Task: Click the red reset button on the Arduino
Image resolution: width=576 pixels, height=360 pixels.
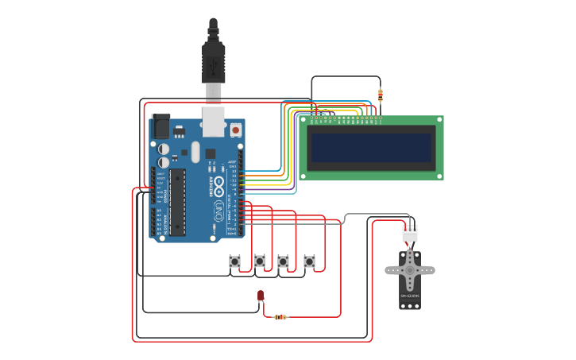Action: (x=235, y=129)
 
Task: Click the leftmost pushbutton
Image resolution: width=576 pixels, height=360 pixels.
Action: (x=234, y=261)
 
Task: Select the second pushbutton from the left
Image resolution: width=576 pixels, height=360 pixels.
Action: (x=259, y=261)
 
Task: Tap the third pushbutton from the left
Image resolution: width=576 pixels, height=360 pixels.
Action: (x=283, y=261)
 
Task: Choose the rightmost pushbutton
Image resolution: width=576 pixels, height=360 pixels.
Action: (x=309, y=261)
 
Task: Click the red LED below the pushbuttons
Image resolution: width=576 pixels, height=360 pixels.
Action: (x=261, y=296)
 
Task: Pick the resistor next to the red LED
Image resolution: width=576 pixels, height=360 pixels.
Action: (x=280, y=317)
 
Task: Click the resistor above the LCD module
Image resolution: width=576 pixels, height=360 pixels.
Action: (x=381, y=95)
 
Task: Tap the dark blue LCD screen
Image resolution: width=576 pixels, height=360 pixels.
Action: (x=371, y=148)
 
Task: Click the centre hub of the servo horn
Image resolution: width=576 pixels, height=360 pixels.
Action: (x=410, y=270)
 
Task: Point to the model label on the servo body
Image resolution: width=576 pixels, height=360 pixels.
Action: (x=410, y=296)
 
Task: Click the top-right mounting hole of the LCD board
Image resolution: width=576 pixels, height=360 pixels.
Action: (x=439, y=120)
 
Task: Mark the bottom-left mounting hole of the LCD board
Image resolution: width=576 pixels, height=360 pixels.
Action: (x=303, y=176)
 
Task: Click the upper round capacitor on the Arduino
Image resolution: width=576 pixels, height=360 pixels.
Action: (x=164, y=149)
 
